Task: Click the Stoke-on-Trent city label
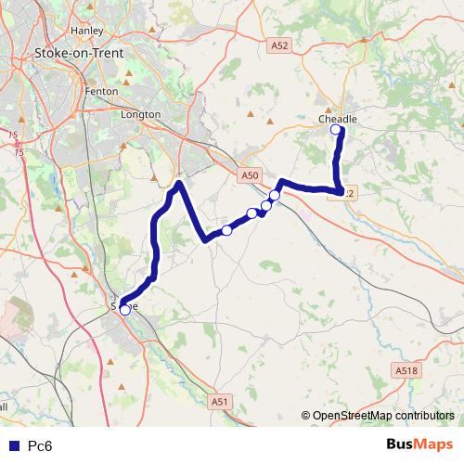(x=72, y=54)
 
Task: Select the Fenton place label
(x=100, y=92)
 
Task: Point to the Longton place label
(x=141, y=114)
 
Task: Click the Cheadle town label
(x=337, y=120)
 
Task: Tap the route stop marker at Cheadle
(x=336, y=132)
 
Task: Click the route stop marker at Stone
(x=125, y=310)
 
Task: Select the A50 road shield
(x=247, y=174)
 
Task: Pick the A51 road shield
(x=219, y=401)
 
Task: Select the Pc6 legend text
(x=39, y=445)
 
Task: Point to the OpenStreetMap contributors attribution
(x=378, y=417)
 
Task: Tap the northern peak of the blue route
(x=178, y=183)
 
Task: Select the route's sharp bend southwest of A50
(x=205, y=240)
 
